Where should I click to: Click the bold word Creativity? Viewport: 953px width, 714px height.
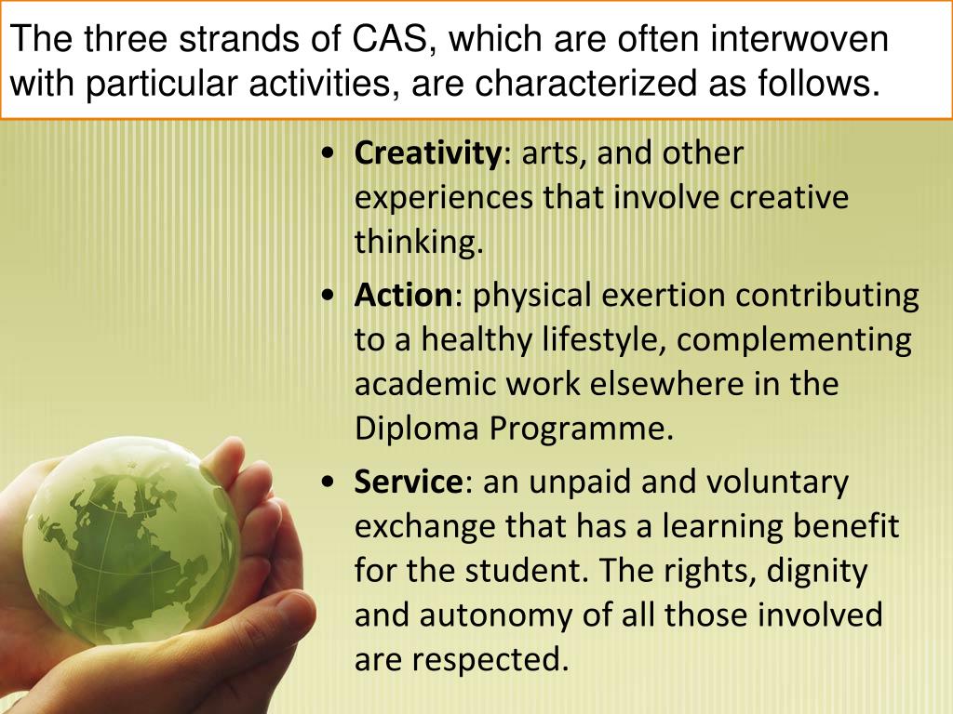click(427, 153)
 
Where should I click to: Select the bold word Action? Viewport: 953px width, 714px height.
click(402, 296)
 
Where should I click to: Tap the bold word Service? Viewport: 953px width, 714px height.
click(408, 483)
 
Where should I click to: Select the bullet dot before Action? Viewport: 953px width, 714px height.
click(327, 297)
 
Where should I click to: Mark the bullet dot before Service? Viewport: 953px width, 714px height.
click(327, 483)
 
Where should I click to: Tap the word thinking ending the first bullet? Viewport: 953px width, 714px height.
click(419, 243)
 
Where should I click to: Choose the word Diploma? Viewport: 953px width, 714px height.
click(415, 428)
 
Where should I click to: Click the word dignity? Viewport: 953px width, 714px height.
click(816, 570)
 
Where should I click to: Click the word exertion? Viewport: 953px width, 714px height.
click(664, 296)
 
